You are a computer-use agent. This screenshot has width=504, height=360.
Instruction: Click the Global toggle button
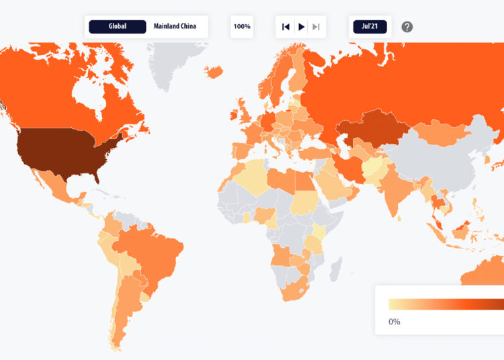tap(118, 27)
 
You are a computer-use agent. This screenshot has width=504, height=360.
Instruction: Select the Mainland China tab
tap(174, 27)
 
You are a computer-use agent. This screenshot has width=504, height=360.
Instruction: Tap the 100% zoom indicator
tap(242, 27)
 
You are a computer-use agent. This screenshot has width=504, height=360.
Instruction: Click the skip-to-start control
tap(286, 27)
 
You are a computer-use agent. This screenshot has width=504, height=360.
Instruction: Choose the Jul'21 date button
tap(368, 27)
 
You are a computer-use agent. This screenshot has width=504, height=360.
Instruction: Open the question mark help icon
tap(407, 27)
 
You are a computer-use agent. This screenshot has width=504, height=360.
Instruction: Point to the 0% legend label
tap(394, 322)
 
